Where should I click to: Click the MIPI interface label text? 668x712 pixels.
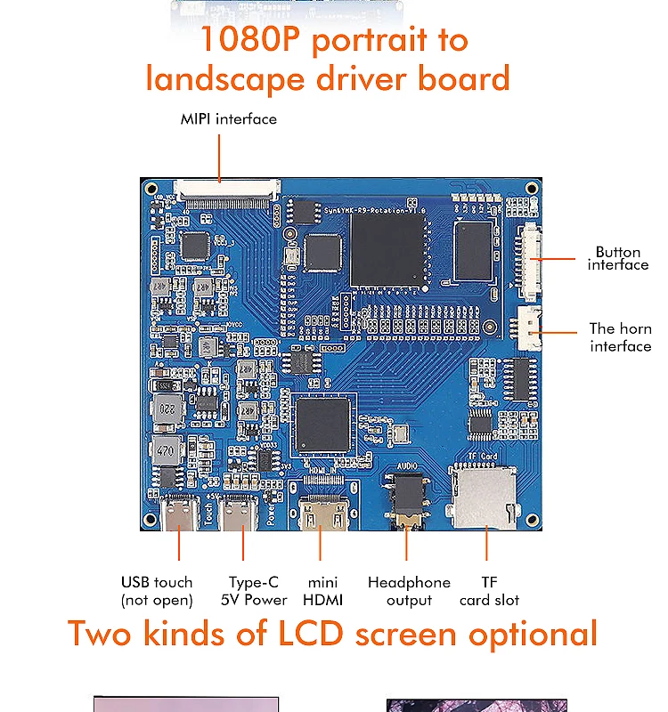[x=228, y=119]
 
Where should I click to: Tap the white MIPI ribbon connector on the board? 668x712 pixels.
[x=227, y=189]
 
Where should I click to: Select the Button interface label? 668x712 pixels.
[x=618, y=258]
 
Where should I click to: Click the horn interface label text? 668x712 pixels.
[x=620, y=337]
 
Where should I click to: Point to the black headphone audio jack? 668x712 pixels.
[x=405, y=503]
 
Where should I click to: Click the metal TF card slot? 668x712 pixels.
[x=485, y=498]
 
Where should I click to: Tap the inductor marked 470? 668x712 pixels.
[x=165, y=451]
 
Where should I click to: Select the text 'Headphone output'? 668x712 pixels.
[x=409, y=591]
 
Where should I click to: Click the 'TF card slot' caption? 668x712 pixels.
[x=489, y=591]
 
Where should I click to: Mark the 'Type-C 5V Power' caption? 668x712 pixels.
[x=254, y=591]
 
